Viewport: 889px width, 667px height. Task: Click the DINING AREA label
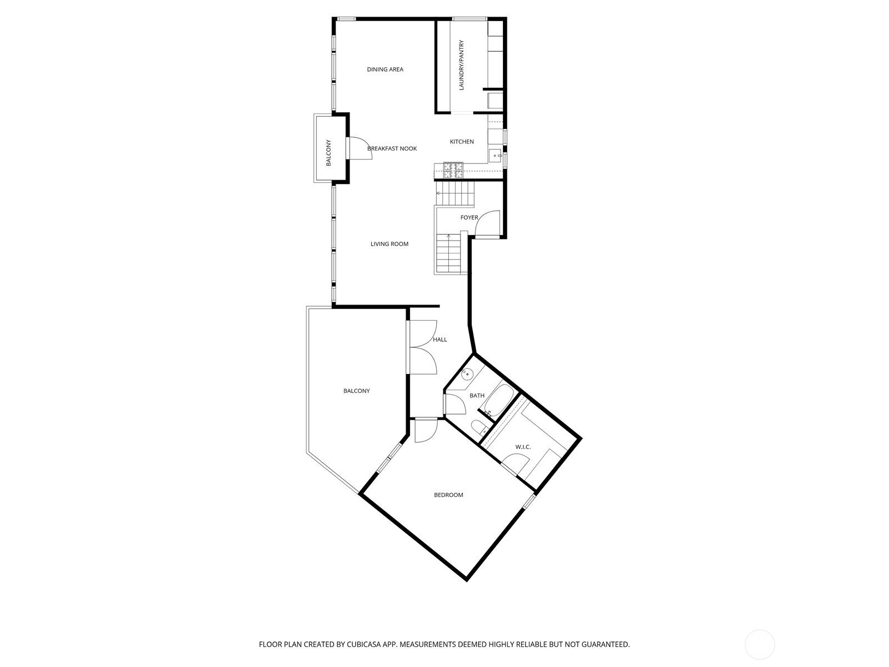point(384,69)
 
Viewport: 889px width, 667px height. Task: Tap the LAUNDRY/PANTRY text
point(461,65)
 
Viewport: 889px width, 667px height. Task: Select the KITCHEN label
point(462,142)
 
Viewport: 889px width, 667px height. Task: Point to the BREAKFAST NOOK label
point(392,148)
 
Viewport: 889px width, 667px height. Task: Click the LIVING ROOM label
point(389,244)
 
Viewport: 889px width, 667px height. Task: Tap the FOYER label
point(469,217)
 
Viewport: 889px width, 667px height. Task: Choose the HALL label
point(440,340)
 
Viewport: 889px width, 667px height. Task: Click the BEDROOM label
point(448,495)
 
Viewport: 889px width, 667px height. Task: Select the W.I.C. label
point(523,447)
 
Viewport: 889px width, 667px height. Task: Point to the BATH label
point(477,395)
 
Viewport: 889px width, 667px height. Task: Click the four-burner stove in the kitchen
point(453,170)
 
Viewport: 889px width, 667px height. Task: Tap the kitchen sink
point(496,155)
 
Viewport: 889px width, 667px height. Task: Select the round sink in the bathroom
point(467,373)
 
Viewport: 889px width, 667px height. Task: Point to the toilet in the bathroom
point(480,427)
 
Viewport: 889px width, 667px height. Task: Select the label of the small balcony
point(328,153)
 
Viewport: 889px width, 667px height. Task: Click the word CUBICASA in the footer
point(364,644)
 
